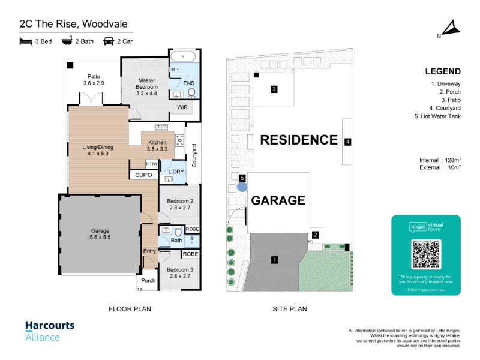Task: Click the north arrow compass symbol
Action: coord(451,29)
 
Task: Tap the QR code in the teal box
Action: coord(426,254)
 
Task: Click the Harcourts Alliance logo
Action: coord(50,331)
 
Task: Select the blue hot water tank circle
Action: coord(242,187)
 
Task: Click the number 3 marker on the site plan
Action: coord(274,89)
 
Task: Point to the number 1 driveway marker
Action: coord(275,260)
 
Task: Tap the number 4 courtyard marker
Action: coord(348,142)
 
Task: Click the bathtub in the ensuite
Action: coord(183,56)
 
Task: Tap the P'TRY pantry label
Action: coord(152,164)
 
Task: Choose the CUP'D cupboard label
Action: coord(143,175)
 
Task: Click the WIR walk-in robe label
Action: coord(182,107)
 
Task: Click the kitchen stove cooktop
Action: coord(179,140)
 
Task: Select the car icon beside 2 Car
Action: coord(109,41)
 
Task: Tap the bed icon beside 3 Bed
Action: coord(26,41)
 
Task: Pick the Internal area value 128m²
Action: coord(453,160)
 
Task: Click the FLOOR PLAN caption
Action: coord(130,309)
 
